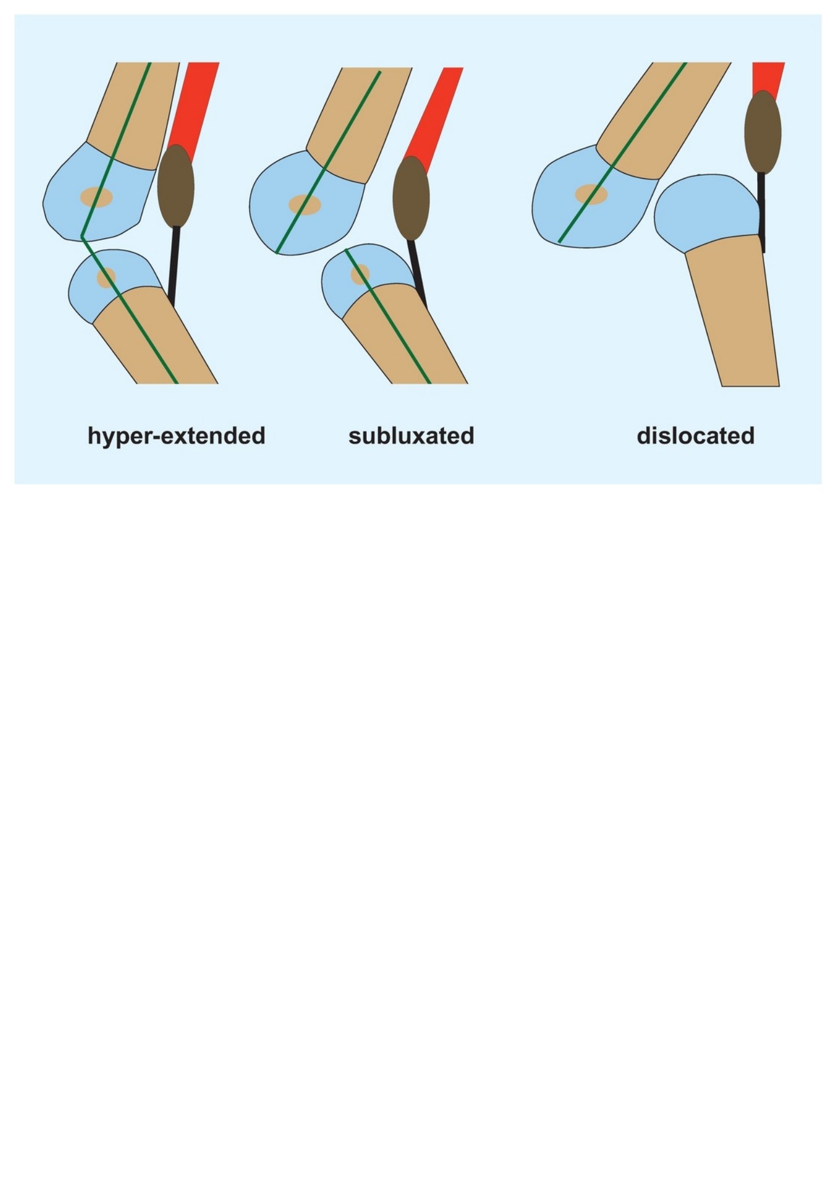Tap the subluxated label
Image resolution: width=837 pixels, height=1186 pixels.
click(x=411, y=436)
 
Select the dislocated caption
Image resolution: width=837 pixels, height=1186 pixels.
click(x=695, y=436)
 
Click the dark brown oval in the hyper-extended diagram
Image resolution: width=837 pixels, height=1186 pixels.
click(x=176, y=186)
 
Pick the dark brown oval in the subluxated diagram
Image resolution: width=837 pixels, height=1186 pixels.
click(x=411, y=198)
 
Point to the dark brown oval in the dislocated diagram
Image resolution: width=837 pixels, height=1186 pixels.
click(x=763, y=132)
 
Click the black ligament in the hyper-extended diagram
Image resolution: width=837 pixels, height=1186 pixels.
click(x=173, y=266)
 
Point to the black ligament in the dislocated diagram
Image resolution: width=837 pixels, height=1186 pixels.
click(x=762, y=212)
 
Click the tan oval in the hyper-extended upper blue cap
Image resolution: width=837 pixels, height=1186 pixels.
click(x=96, y=197)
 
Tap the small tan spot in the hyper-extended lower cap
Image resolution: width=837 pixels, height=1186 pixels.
click(x=106, y=277)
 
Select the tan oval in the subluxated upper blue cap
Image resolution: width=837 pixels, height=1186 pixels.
click(x=305, y=205)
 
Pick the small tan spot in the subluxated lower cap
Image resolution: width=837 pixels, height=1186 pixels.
click(x=360, y=274)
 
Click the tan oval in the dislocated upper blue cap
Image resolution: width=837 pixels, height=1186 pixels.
click(x=591, y=194)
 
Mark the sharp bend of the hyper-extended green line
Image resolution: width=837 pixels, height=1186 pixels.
click(x=82, y=237)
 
